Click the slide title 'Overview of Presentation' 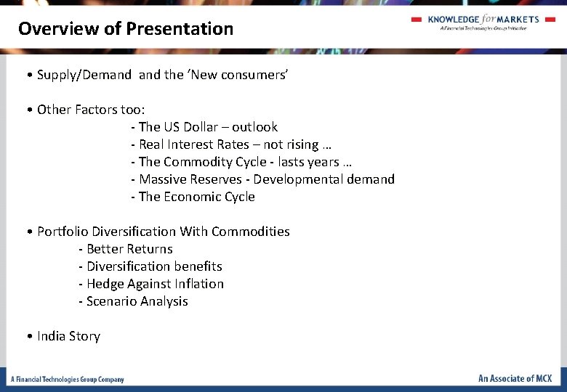pos(126,29)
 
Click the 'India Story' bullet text pos(68,336)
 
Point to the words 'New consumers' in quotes pos(238,75)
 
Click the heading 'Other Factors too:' pos(91,110)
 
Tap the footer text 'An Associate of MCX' pos(515,378)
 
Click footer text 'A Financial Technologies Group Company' pos(67,379)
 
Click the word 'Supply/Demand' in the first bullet pos(84,75)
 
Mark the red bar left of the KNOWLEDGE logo pos(417,20)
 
